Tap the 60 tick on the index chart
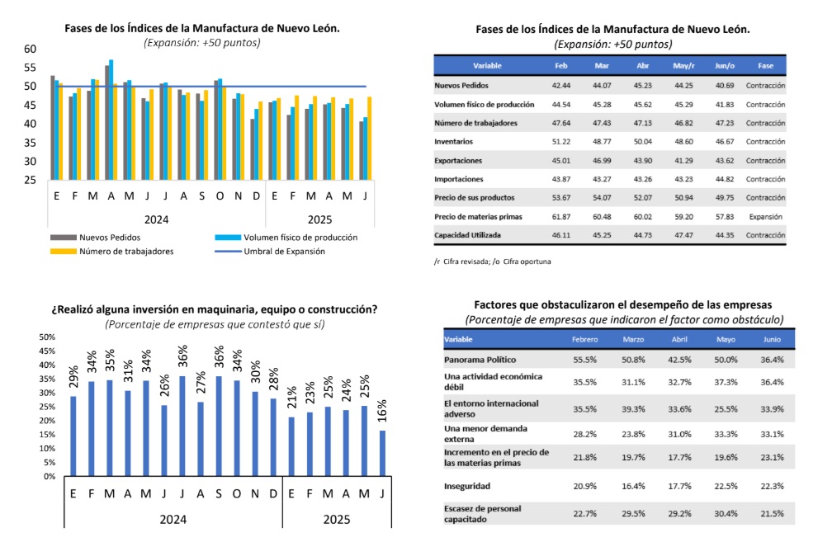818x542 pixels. (x=30, y=49)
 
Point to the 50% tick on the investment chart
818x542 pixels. (x=46, y=337)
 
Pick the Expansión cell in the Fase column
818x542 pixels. (x=765, y=217)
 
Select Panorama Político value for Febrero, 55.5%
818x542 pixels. (x=584, y=360)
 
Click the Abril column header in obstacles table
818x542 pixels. (x=681, y=340)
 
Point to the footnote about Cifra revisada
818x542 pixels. (x=492, y=261)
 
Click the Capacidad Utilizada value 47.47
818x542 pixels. (x=683, y=236)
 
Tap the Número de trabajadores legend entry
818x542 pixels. (x=125, y=252)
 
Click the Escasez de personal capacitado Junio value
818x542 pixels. (x=773, y=513)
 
